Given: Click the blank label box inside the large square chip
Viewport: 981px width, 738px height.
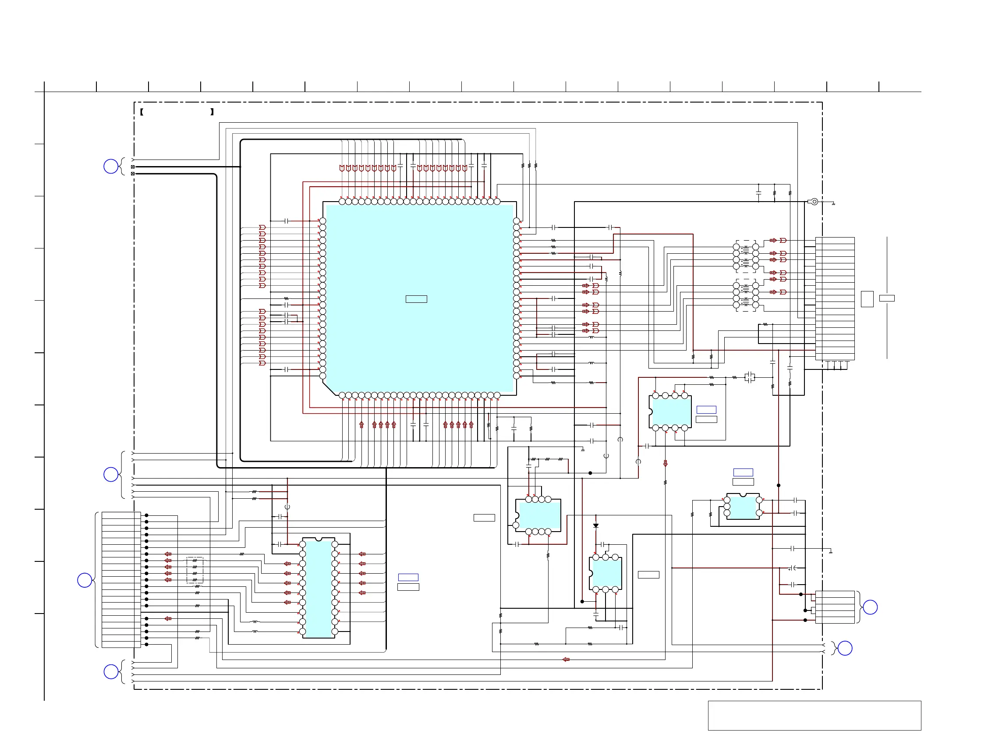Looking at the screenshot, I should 416,299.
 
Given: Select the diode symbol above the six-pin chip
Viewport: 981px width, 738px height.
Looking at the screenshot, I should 595,525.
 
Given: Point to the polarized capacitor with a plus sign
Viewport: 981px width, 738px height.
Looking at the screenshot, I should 792,568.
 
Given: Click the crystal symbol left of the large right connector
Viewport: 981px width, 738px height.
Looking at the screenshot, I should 750,377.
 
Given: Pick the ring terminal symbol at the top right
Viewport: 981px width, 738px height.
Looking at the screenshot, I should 814,202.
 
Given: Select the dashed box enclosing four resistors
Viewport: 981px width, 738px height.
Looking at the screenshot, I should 195,570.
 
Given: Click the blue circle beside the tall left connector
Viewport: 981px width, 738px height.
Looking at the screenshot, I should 85,580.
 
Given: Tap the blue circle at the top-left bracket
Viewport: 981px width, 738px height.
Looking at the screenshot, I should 111,167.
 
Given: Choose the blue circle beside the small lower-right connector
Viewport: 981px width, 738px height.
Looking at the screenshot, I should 870,607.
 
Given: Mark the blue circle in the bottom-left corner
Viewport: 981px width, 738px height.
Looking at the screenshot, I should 111,672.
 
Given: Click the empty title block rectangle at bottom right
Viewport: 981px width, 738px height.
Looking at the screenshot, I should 814,715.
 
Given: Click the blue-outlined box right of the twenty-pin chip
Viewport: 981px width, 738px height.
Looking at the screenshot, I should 408,578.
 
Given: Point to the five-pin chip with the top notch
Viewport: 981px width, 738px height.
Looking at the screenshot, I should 743,507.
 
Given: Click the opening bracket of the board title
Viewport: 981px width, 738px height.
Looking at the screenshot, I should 142,112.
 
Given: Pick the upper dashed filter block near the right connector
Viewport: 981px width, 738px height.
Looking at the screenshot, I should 746,256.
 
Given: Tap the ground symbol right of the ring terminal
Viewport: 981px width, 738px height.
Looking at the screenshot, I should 833,204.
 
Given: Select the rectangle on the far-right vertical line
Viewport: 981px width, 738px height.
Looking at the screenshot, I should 887,298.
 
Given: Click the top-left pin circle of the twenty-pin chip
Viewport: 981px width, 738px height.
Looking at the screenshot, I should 302,544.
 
